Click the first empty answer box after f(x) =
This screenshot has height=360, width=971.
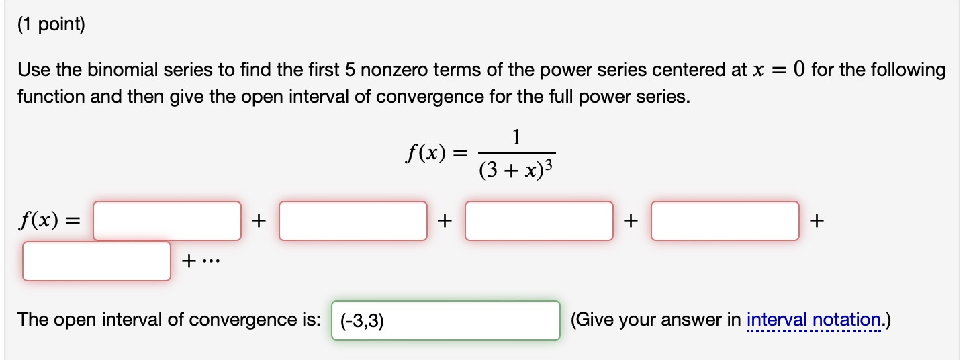(x=167, y=220)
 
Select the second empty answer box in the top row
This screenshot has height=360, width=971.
(x=353, y=220)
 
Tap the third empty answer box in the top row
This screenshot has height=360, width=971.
(x=539, y=220)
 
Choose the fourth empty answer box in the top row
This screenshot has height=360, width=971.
(x=725, y=220)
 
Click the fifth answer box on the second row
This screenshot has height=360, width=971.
(x=97, y=261)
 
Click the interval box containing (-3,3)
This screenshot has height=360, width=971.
(x=446, y=320)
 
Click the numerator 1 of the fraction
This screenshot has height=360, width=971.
(x=516, y=138)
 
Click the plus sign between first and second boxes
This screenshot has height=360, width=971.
(x=260, y=220)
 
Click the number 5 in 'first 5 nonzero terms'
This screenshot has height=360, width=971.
(x=349, y=70)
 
